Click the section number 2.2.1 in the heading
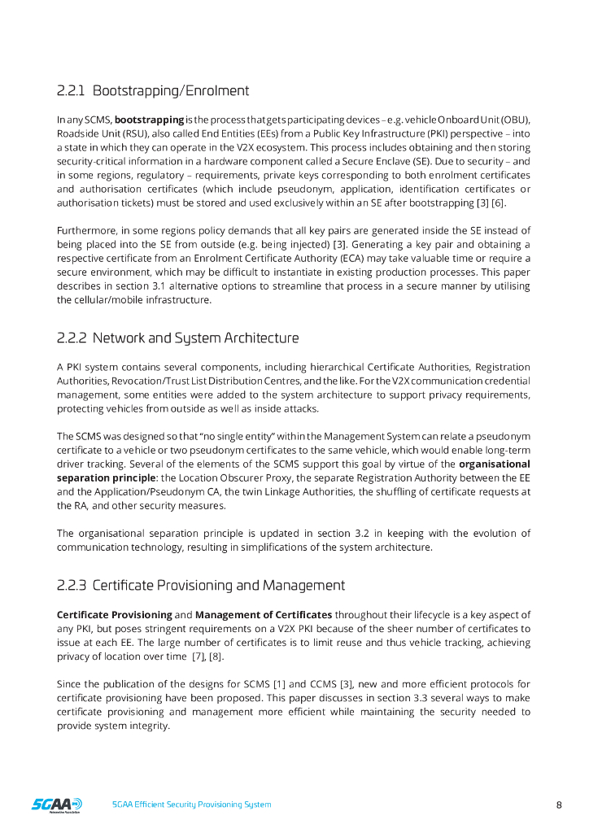[72, 90]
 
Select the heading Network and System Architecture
[195, 338]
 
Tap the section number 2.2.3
[72, 585]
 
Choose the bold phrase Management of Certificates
[264, 615]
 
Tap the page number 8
[559, 805]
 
